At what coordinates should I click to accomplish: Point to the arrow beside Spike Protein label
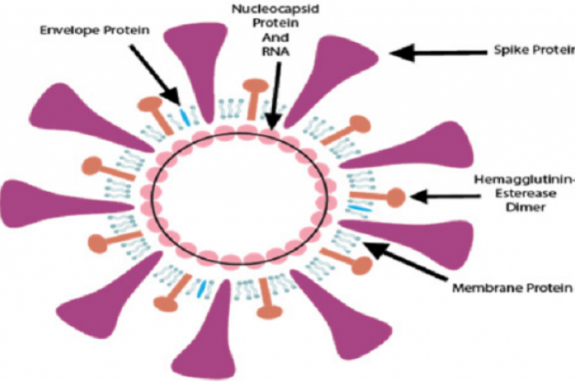[x=437, y=53]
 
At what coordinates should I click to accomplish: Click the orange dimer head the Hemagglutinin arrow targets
[x=395, y=197]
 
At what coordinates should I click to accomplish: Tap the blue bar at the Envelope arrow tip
[x=183, y=116]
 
